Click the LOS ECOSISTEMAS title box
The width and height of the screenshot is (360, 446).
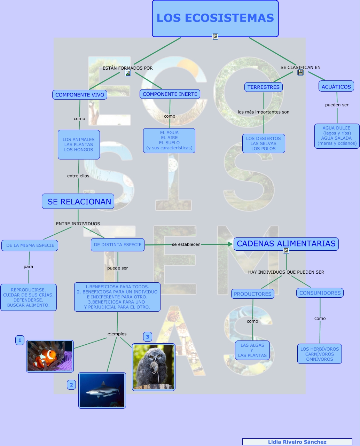click(x=215, y=18)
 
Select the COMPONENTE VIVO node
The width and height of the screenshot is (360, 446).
click(x=79, y=95)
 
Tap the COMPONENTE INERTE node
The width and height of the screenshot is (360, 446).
click(x=170, y=94)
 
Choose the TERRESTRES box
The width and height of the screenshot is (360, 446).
click(x=264, y=87)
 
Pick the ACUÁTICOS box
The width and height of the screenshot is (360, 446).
click(x=336, y=86)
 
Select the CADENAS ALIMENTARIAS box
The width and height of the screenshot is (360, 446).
click(x=286, y=244)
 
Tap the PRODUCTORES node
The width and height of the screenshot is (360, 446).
click(x=252, y=294)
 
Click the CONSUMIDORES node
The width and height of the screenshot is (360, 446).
click(x=320, y=293)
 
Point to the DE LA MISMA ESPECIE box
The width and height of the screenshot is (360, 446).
click(x=30, y=245)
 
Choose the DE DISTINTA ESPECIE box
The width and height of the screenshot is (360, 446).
click(x=118, y=245)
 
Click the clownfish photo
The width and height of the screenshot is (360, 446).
click(x=50, y=356)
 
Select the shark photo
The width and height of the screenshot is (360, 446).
click(x=102, y=390)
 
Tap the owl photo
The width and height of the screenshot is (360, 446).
click(x=154, y=367)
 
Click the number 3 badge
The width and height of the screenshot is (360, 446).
click(x=148, y=337)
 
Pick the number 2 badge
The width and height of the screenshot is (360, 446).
click(x=71, y=385)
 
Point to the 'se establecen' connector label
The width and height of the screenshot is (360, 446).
click(x=186, y=244)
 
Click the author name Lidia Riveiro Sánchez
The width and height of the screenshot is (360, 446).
click(x=297, y=442)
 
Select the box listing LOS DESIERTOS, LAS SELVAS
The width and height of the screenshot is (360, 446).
click(x=264, y=143)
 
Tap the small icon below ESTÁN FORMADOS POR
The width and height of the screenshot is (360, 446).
click(x=128, y=73)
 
